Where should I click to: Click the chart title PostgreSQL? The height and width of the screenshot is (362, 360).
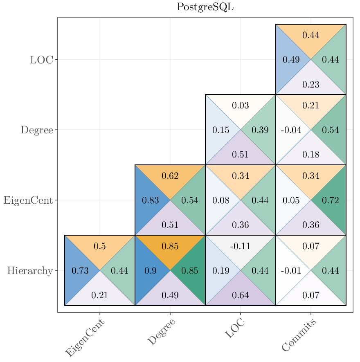[205, 7]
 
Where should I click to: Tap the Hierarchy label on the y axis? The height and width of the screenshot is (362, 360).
[30, 271]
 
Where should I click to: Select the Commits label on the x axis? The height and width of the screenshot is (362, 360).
[299, 335]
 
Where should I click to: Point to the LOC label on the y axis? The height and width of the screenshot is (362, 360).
[41, 60]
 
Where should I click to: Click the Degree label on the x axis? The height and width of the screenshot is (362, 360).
[161, 332]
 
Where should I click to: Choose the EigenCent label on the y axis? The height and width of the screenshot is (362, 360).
[28, 200]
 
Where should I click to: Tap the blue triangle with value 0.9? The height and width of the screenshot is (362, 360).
[149, 271]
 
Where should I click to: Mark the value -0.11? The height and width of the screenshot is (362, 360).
[240, 246]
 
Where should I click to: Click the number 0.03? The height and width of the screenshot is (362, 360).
[241, 106]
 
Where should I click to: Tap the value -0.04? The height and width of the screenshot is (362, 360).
[291, 130]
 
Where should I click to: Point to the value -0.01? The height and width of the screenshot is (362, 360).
[291, 271]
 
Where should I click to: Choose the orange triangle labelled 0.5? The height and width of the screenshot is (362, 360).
[100, 246]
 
